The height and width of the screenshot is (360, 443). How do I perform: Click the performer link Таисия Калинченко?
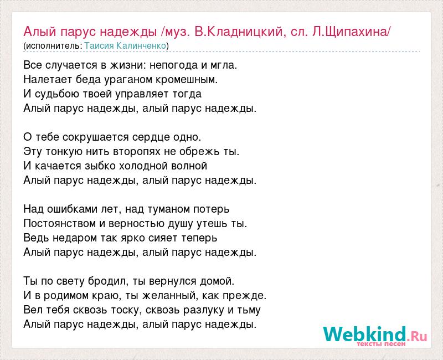(x=125, y=46)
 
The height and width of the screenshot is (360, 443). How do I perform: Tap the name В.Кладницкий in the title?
(x=239, y=32)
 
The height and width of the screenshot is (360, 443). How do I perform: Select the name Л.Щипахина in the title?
(x=351, y=32)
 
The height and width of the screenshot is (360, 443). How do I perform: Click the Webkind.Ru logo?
(x=375, y=336)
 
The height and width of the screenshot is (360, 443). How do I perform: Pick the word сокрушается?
(x=96, y=137)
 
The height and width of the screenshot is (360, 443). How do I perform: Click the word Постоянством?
(x=60, y=224)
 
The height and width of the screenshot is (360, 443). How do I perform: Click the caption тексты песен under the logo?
(x=381, y=344)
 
